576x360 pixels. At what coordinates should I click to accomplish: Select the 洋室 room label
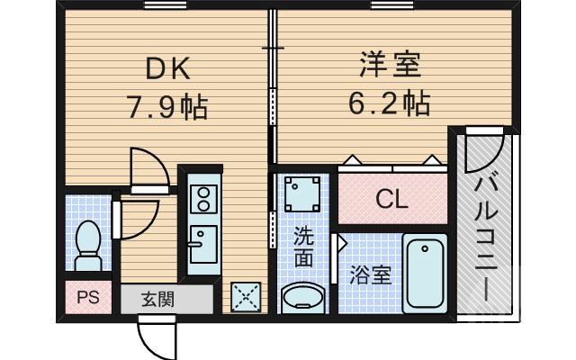(390, 65)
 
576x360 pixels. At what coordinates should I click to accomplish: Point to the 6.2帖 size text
(390, 103)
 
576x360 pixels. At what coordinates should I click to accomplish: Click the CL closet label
(391, 198)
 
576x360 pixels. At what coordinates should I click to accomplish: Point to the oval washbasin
(302, 298)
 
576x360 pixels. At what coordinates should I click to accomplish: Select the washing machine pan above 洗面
(302, 193)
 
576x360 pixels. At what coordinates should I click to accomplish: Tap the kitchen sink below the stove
(202, 241)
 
